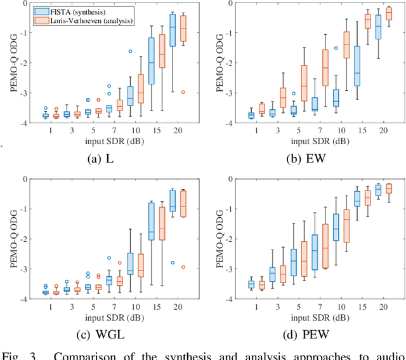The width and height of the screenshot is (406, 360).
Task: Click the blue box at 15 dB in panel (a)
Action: point(152,61)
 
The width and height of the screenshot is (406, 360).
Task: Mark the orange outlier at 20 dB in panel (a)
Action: point(183,92)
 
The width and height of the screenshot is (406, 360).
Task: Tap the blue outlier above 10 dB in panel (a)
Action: point(130,51)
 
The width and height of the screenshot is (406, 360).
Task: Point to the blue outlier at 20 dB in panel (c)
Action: point(173,262)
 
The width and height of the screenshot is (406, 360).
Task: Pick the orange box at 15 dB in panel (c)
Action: point(162,225)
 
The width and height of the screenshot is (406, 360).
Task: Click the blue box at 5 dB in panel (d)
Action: point(294,262)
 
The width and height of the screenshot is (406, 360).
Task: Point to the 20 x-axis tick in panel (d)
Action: point(383,306)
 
